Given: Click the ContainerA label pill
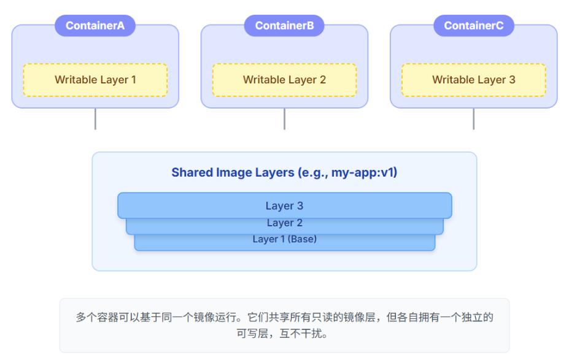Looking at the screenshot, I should tap(95, 26).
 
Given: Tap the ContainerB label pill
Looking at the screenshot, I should tap(284, 26).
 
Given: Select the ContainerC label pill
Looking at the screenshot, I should tap(473, 26).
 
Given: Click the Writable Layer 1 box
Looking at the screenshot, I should tap(95, 80).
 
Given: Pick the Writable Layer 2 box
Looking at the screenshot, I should tap(284, 80).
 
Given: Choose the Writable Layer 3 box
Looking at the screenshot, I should tap(473, 80).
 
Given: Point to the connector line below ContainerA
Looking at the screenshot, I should tap(95, 119).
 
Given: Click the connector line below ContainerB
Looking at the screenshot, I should tap(284, 119).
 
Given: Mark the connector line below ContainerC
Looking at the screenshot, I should tap(473, 119).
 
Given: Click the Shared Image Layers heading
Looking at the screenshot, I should tap(284, 173).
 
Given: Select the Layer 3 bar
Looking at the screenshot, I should tap(284, 206).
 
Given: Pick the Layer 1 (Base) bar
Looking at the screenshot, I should tap(284, 241).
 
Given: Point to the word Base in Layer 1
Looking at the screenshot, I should tap(303, 239).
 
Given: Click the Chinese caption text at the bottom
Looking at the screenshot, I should tap(284, 325).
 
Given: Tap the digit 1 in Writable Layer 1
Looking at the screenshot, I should tap(133, 80).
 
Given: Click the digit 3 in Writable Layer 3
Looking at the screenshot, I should tap(512, 80).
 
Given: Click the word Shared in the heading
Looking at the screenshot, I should tap(190, 173).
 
